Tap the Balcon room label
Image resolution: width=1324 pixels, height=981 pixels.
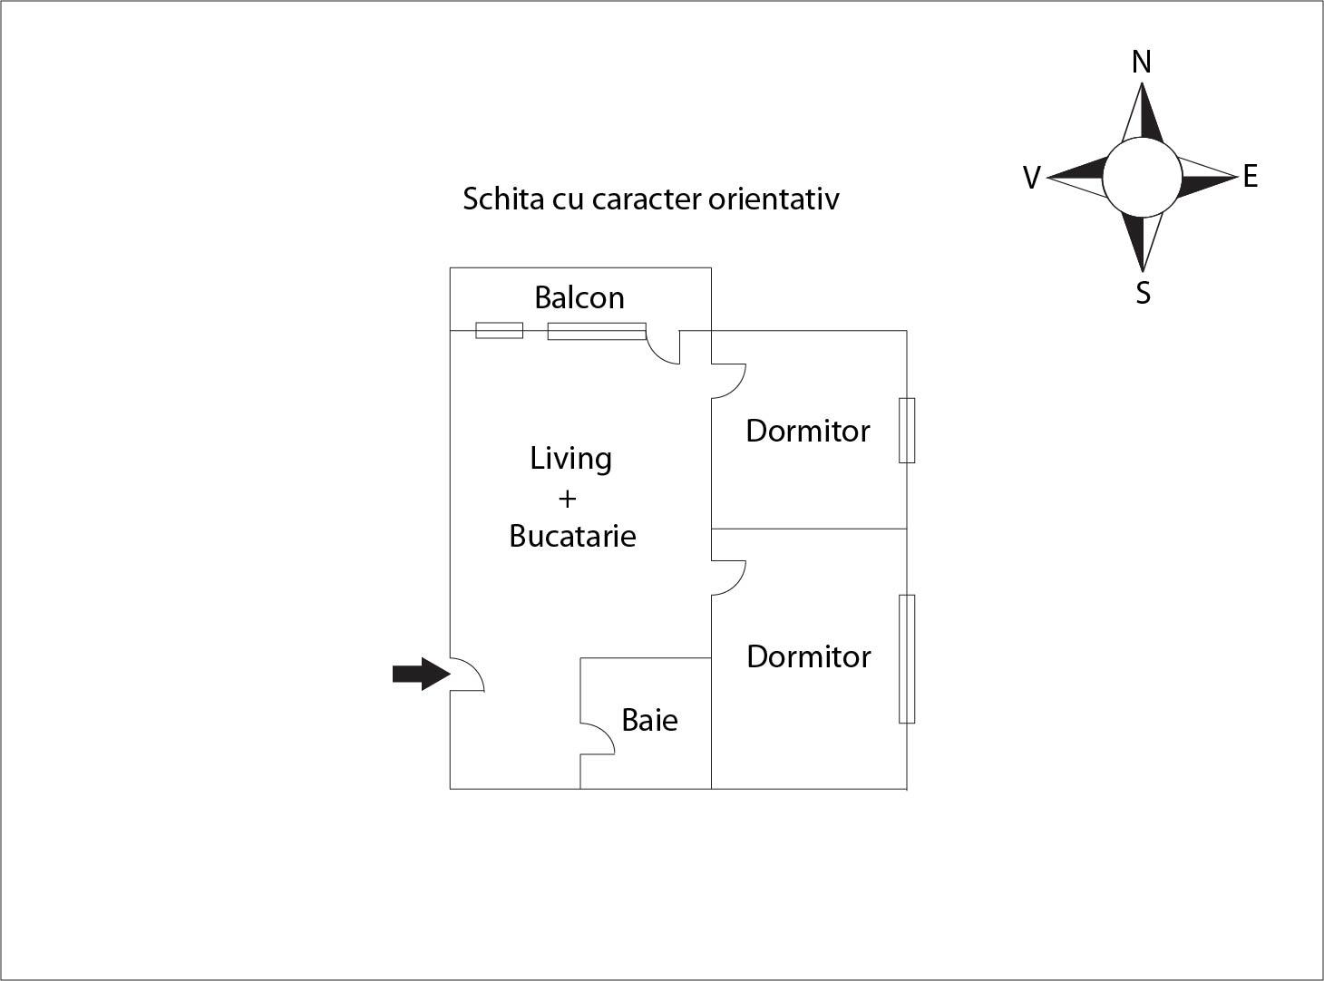tap(579, 297)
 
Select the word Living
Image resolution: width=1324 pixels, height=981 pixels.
tap(570, 459)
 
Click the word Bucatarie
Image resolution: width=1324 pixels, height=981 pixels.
tap(572, 536)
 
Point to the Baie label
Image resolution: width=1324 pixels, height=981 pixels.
tap(649, 720)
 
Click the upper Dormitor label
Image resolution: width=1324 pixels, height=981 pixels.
tap(807, 431)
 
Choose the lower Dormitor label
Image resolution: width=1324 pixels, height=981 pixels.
tap(808, 656)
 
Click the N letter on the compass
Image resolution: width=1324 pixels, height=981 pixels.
tap(1142, 62)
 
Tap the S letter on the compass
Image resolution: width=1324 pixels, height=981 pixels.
tap(1143, 293)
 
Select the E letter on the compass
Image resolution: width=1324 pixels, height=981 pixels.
tap(1251, 177)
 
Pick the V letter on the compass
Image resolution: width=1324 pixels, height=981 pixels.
tap(1031, 178)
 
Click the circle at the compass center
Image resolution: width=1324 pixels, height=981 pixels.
tap(1142, 178)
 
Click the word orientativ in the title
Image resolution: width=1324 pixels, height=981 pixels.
tap(774, 199)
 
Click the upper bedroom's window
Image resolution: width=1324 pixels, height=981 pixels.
tap(907, 430)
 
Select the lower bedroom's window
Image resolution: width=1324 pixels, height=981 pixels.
tap(907, 658)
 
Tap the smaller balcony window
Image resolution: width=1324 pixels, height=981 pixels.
tap(499, 330)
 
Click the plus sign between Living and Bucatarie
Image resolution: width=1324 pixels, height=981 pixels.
tap(568, 498)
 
